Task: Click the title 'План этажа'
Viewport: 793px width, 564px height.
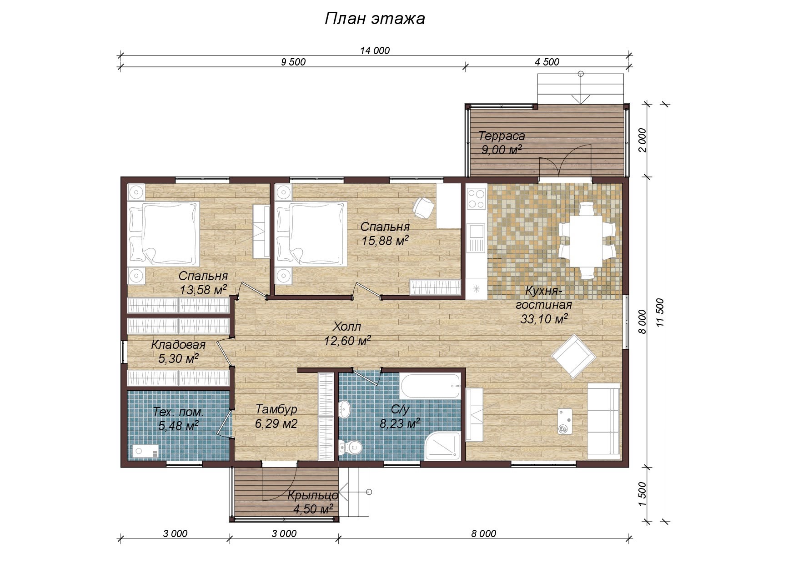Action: [x=375, y=19]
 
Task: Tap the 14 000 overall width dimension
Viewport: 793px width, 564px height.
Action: [x=375, y=50]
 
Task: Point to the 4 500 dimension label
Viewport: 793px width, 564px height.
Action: [x=547, y=62]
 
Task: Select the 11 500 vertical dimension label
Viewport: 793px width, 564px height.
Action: [x=660, y=312]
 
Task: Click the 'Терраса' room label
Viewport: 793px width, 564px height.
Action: [x=502, y=136]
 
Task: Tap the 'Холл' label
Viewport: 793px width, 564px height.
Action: [x=347, y=327]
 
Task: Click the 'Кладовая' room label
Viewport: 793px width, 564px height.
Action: [x=178, y=345]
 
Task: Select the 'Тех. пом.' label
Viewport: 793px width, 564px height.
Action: [x=178, y=412]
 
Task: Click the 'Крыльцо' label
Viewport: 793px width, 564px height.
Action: [x=313, y=495]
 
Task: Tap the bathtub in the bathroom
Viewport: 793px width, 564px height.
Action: [x=431, y=386]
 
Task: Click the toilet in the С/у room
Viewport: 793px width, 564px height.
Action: [x=350, y=447]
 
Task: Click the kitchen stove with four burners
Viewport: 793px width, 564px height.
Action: [x=476, y=198]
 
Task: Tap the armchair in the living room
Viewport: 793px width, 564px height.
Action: [x=573, y=356]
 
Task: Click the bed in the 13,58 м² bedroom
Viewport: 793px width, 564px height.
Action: [x=164, y=234]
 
